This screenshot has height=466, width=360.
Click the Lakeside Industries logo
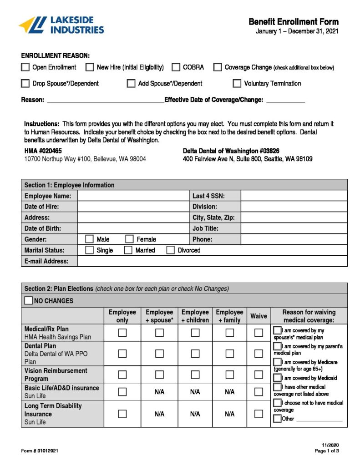tap(61, 25)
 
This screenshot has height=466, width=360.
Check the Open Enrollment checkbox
tap(25, 67)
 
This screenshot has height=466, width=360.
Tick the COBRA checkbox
tap(176, 67)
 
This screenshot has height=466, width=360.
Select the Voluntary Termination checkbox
tap(237, 83)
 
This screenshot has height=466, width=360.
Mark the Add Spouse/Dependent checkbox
tap(131, 83)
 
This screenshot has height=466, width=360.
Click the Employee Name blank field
tap(133, 196)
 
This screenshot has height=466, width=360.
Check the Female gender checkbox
tap(129, 239)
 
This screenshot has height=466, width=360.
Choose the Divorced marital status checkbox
tap(170, 250)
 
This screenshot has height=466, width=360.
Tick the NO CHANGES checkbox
tap(29, 300)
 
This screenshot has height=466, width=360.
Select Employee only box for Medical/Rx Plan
tap(122, 333)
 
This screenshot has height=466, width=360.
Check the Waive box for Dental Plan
tap(259, 354)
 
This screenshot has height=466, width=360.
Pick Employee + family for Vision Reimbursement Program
tap(230, 375)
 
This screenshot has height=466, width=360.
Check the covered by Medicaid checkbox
tap(277, 378)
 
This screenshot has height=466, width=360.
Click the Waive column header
tap(259, 316)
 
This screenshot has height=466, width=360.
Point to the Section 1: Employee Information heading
tap(69, 185)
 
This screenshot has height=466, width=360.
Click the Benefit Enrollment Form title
tap(294, 22)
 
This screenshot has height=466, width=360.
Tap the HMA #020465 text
tap(43, 151)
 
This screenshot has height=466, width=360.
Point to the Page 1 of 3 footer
tap(327, 451)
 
